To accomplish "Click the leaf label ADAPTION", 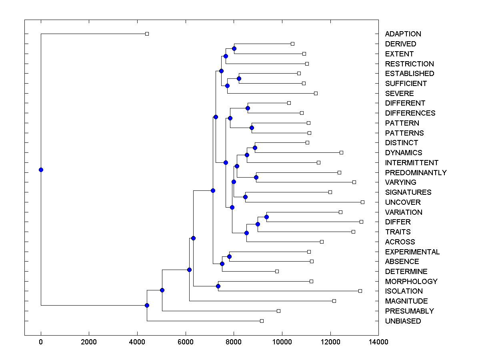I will pyautogui.click(x=403, y=34).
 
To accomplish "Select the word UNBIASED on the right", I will pyautogui.click(x=403, y=321).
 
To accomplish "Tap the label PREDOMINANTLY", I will pyautogui.click(x=416, y=173).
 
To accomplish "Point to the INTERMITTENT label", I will pyautogui.click(x=412, y=163).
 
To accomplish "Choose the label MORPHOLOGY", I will pyautogui.click(x=411, y=282).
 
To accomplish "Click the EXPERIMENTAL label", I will pyautogui.click(x=412, y=252).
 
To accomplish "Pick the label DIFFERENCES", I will pyautogui.click(x=410, y=113).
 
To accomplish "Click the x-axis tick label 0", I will pyautogui.click(x=41, y=342).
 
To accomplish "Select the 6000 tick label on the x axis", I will pyautogui.click(x=186, y=342).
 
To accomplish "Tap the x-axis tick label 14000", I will pyautogui.click(x=378, y=342).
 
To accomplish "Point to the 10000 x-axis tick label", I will pyautogui.click(x=282, y=342).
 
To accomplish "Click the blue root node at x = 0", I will pyautogui.click(x=41, y=170).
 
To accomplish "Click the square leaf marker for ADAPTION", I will pyautogui.click(x=147, y=34).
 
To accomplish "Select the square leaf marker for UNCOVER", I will pyautogui.click(x=362, y=202).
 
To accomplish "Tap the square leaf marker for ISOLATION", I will pyautogui.click(x=360, y=291).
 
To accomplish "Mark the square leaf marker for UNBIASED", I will pyautogui.click(x=262, y=321).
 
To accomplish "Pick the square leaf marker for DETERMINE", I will pyautogui.click(x=277, y=271).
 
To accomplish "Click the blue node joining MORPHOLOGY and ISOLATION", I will pyautogui.click(x=218, y=286).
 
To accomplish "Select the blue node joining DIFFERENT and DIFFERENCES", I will pyautogui.click(x=248, y=108).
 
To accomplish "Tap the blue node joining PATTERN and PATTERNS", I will pyautogui.click(x=252, y=128).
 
